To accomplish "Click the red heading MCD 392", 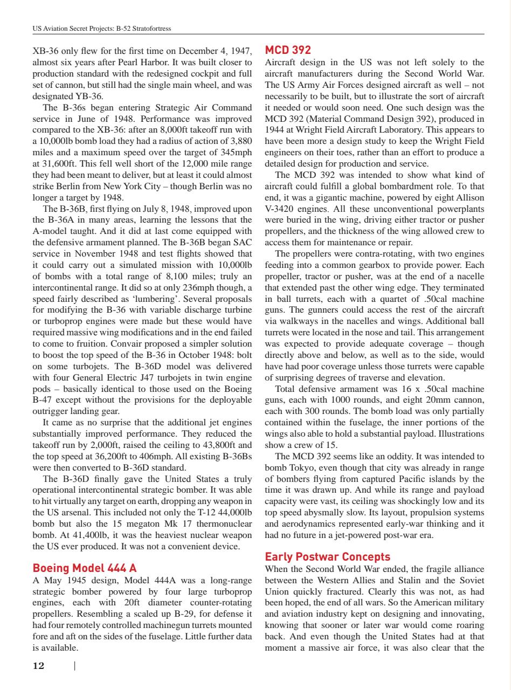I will coord(288,50).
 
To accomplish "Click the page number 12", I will coord(39,666).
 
